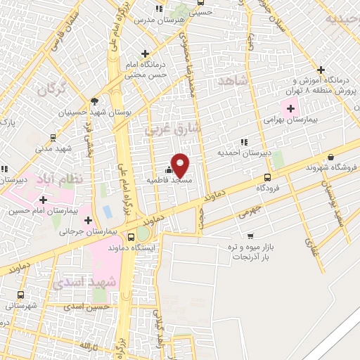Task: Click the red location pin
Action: tap(181, 165)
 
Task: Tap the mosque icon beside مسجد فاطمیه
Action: tap(168, 169)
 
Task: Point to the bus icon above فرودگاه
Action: tap(266, 177)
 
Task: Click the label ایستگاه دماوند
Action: tap(133, 248)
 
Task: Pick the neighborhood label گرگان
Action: tap(52, 91)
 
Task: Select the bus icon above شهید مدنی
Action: tap(54, 138)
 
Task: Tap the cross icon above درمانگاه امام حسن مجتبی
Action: tap(145, 53)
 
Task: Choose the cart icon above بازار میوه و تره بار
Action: tap(251, 236)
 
